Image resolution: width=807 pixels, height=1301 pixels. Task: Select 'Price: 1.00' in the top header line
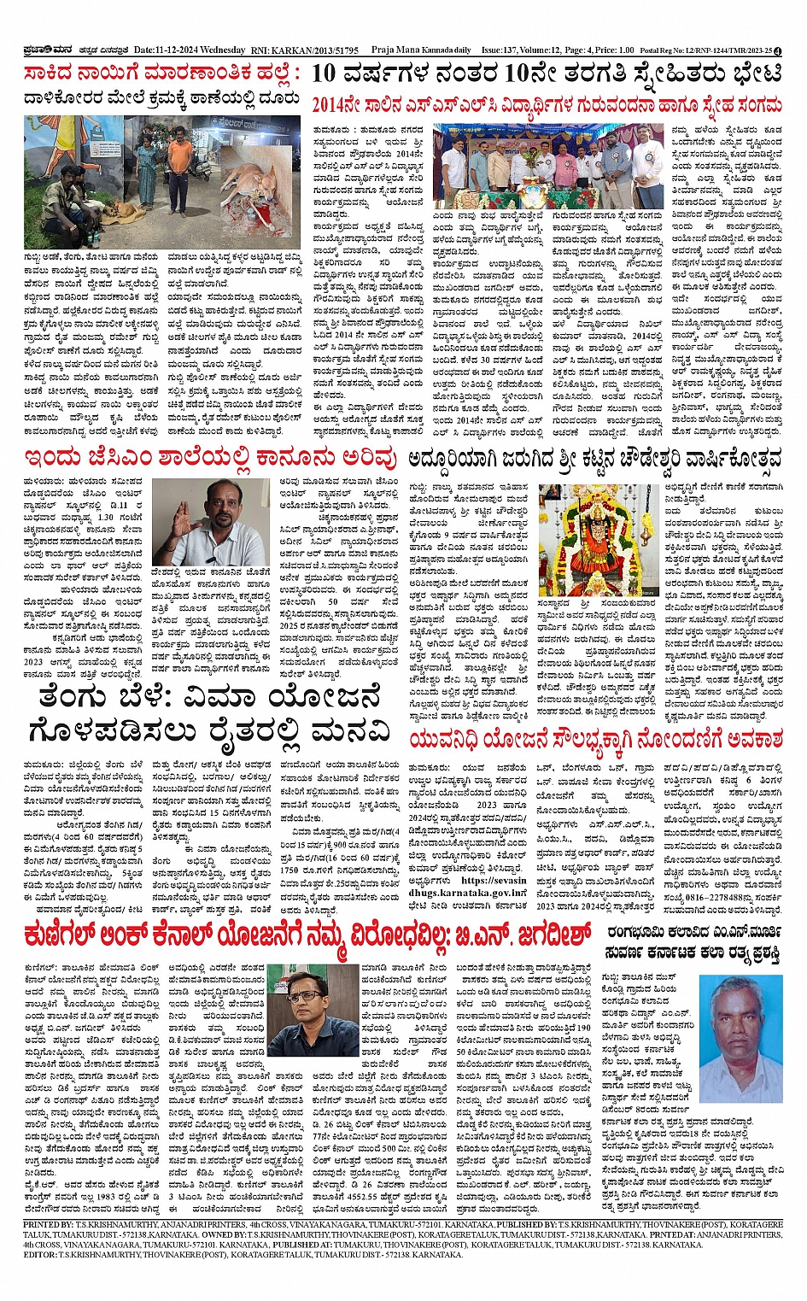[x=615, y=50]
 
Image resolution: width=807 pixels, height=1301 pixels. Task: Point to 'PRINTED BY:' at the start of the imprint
[x=49, y=1224]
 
